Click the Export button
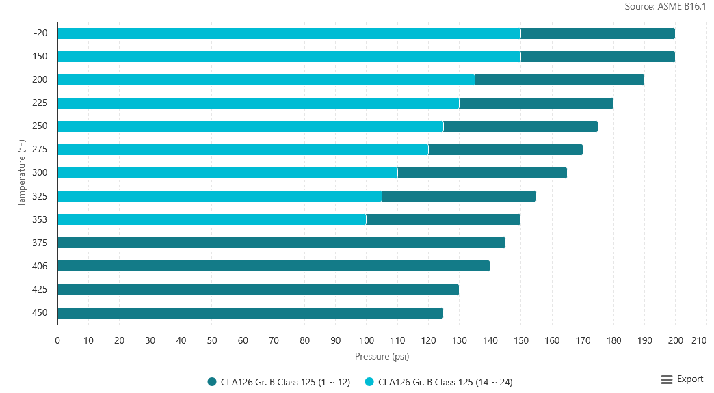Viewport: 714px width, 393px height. coord(682,379)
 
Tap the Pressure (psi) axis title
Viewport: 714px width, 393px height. coord(382,356)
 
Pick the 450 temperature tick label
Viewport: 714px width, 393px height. coord(40,313)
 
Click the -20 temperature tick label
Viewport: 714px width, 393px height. coord(40,33)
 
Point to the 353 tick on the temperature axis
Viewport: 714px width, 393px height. coord(40,219)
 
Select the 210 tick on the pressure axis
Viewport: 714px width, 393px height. coord(698,340)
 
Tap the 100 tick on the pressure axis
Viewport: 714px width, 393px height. coord(366,340)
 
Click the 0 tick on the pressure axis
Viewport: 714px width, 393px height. coord(57,340)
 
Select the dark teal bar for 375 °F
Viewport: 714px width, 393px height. coord(281,243)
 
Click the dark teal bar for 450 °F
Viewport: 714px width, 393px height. coord(250,313)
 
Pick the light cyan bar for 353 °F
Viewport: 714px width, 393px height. coord(211,219)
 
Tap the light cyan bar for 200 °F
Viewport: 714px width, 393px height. coord(266,80)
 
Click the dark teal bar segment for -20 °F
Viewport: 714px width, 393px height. coord(598,33)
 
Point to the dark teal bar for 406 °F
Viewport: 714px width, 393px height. coord(274,266)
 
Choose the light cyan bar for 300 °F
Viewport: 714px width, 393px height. coord(227,173)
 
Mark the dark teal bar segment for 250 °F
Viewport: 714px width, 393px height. coord(520,126)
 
